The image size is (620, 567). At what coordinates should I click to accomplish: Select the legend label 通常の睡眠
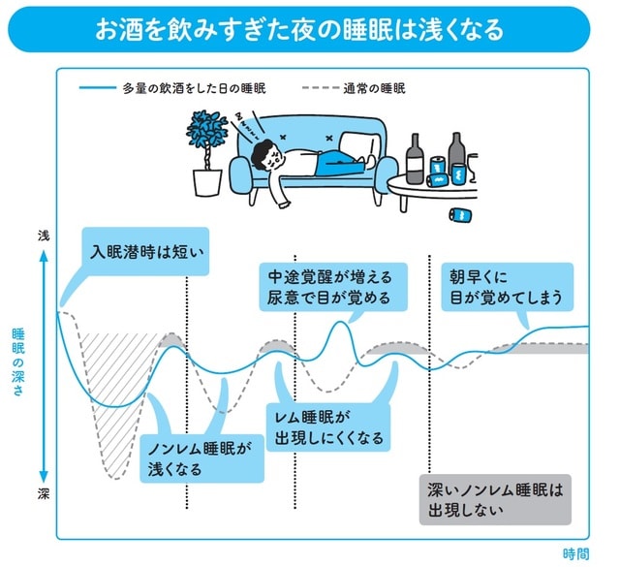click(x=373, y=87)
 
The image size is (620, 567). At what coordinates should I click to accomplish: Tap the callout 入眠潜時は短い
click(x=144, y=254)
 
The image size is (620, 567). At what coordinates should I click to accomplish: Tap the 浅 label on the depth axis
click(x=42, y=236)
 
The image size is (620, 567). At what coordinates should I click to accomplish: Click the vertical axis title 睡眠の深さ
click(x=17, y=359)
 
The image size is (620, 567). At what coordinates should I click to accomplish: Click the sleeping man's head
click(x=263, y=154)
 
